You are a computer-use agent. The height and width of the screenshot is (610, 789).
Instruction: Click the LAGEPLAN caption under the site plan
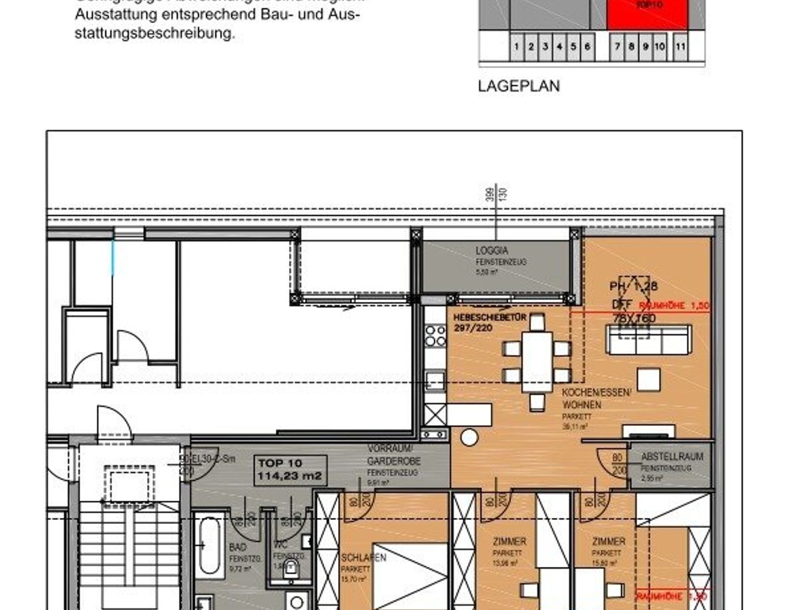click(518, 86)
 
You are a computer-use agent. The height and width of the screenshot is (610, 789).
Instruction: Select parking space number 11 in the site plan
click(680, 47)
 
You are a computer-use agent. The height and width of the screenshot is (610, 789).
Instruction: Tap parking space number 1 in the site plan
click(517, 47)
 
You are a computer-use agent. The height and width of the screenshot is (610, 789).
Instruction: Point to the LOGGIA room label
click(492, 251)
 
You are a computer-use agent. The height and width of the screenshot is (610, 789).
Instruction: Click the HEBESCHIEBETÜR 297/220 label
click(489, 322)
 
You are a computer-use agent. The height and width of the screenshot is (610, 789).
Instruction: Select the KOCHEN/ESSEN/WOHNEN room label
click(596, 399)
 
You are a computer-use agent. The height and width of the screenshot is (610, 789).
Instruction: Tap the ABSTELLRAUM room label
click(672, 456)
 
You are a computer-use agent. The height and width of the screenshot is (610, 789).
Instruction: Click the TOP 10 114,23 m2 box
click(290, 470)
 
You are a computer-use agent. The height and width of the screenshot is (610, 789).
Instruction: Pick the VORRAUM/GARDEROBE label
click(394, 455)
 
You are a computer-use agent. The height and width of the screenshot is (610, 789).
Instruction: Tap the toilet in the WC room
click(291, 569)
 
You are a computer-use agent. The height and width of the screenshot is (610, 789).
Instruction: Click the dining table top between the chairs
click(537, 363)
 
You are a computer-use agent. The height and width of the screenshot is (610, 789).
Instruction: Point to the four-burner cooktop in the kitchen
click(435, 335)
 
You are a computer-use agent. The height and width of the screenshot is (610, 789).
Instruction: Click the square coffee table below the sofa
click(648, 380)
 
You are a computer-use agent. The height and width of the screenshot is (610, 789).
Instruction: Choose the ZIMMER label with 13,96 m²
click(509, 542)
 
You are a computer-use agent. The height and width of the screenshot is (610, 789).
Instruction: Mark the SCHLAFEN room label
click(363, 558)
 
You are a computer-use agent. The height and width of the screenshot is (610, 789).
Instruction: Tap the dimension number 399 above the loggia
click(490, 194)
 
